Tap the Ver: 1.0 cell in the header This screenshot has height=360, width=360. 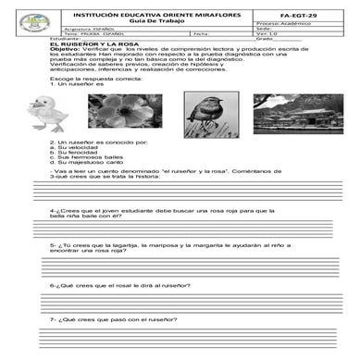click(294, 35)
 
